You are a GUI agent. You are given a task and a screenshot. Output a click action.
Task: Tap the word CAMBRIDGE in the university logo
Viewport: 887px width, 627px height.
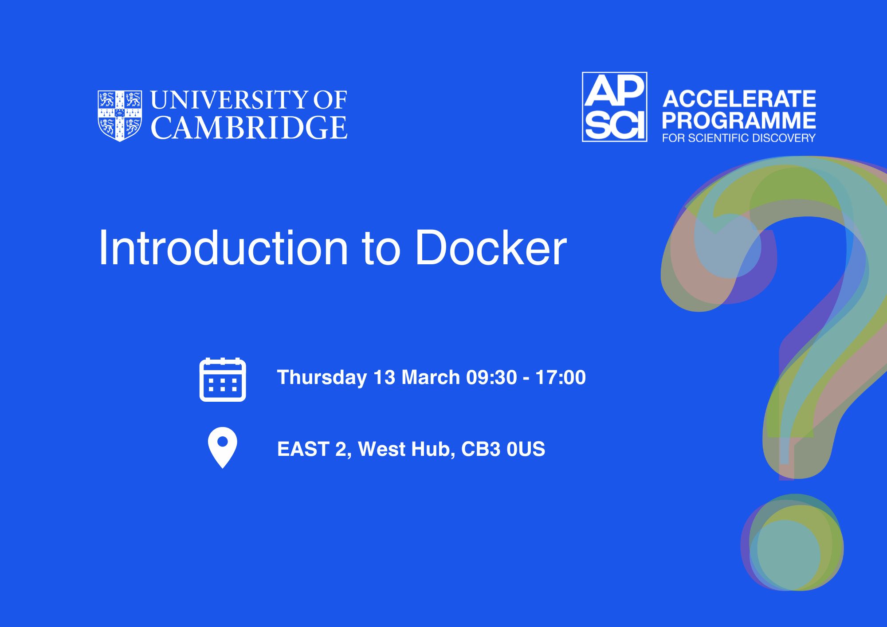click(249, 128)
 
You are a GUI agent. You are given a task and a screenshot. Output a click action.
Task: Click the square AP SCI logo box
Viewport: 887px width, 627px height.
click(614, 107)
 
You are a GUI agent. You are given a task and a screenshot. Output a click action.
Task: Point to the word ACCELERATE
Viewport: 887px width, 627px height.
click(739, 99)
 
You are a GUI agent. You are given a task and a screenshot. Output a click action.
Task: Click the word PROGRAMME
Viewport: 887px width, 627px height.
click(739, 120)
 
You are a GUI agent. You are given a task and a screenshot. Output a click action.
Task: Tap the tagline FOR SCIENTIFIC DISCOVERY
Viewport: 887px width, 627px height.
click(739, 138)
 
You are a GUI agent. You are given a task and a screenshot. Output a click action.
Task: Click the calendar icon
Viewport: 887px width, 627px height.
click(223, 380)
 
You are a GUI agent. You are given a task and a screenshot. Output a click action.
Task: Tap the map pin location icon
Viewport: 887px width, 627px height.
click(223, 447)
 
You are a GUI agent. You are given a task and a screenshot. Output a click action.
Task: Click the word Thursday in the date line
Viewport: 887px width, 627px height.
click(322, 378)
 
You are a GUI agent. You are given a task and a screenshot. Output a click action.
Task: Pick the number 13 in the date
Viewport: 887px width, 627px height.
click(384, 377)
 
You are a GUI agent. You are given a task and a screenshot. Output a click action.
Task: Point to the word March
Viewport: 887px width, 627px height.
click(431, 377)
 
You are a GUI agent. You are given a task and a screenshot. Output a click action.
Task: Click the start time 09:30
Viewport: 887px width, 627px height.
click(491, 377)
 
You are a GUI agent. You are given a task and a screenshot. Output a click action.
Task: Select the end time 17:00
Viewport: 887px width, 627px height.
click(561, 377)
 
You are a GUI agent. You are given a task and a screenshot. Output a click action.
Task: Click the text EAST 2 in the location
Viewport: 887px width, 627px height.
click(314, 449)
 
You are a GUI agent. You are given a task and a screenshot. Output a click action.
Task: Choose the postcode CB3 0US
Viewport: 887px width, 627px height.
click(503, 449)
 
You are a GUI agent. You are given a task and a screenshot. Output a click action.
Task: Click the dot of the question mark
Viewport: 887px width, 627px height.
click(792, 542)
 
